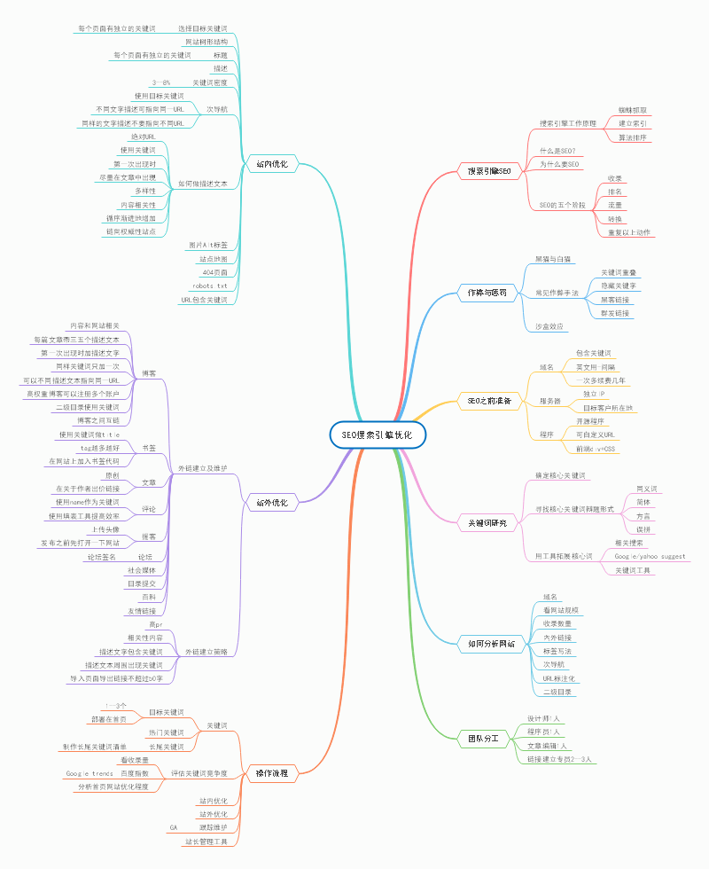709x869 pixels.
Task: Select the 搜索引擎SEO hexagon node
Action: click(489, 169)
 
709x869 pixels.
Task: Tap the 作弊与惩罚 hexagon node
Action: click(487, 293)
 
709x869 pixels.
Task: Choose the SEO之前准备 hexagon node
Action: click(489, 401)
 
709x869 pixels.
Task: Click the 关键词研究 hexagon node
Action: click(488, 524)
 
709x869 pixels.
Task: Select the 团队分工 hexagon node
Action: click(483, 738)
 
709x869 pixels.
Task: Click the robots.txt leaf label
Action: click(210, 286)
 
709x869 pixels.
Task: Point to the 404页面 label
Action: click(214, 272)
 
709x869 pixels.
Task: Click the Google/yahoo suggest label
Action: click(650, 556)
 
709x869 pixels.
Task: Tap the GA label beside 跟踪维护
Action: click(174, 826)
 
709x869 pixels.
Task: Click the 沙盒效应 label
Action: click(549, 326)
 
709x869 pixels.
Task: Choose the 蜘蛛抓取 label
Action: click(632, 110)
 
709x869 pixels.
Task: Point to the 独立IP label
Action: click(593, 393)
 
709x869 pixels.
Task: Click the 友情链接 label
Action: click(141, 611)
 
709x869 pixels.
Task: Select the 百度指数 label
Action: click(134, 773)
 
